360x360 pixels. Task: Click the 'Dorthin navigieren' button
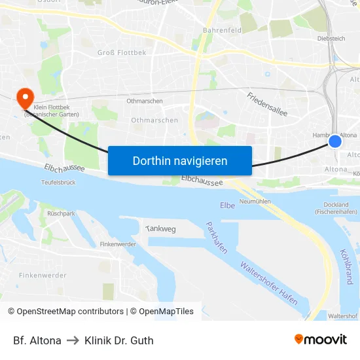[180, 160]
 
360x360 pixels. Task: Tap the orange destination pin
[26, 98]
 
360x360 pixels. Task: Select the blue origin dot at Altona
[335, 141]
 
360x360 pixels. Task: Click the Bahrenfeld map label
[223, 30]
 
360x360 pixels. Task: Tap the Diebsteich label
[330, 39]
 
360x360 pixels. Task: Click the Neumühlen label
[255, 201]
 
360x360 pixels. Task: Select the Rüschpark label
[61, 213]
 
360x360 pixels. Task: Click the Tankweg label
[160, 228]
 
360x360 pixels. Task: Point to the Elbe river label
[227, 206]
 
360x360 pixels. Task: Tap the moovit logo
[321, 340]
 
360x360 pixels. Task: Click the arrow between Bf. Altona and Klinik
[73, 340]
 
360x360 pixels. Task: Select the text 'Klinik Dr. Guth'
[119, 340]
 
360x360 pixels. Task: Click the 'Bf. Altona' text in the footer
[37, 340]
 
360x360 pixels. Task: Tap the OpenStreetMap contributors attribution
[66, 312]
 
